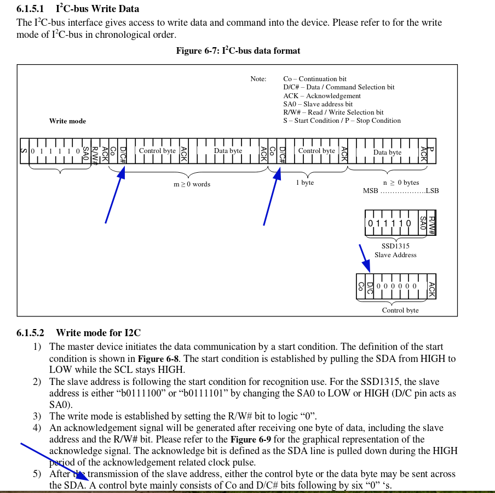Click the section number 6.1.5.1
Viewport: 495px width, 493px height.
[x=30, y=9]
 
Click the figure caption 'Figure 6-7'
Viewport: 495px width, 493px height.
[x=197, y=51]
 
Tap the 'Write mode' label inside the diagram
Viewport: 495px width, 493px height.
[x=67, y=121]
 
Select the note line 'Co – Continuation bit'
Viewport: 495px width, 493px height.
[x=314, y=79]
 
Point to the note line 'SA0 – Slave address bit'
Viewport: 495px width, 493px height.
[x=318, y=104]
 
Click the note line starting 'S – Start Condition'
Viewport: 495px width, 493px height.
[x=342, y=121]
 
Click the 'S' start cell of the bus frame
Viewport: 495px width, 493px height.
[x=24, y=151]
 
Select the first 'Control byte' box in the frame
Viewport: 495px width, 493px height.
[x=157, y=151]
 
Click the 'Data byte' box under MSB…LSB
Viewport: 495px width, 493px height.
[x=387, y=152]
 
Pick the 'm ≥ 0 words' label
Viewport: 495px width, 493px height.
[x=192, y=184]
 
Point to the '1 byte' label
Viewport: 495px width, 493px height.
[x=305, y=183]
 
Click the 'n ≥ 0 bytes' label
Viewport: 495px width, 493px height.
[x=401, y=183]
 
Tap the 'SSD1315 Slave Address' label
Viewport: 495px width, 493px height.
[x=395, y=251]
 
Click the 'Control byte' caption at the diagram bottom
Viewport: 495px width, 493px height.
[x=400, y=310]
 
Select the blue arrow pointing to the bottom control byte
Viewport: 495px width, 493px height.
[x=364, y=257]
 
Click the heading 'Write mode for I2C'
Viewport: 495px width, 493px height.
[x=98, y=333]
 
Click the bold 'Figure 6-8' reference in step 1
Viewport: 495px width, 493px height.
[x=158, y=359]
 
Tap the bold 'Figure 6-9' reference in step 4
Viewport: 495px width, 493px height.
[x=251, y=439]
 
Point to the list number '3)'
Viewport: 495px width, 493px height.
[x=37, y=416]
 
